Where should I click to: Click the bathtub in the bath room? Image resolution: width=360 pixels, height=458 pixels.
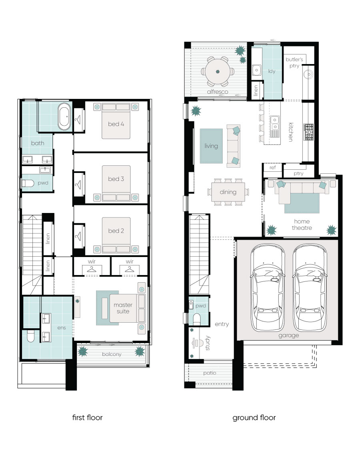click(x=64, y=116)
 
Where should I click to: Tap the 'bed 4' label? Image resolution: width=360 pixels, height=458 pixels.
click(x=116, y=124)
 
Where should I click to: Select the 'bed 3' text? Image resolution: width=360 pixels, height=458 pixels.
click(x=116, y=179)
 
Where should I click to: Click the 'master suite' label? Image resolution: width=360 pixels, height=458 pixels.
click(x=123, y=308)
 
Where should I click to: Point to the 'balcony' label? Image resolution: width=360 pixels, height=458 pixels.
click(x=112, y=354)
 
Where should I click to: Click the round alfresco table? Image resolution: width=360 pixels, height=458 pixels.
click(x=218, y=72)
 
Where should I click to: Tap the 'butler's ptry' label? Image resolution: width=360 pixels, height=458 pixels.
click(x=294, y=62)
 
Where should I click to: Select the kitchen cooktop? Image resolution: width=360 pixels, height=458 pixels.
click(x=308, y=132)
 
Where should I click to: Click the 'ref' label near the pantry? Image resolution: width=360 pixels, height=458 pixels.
click(x=272, y=167)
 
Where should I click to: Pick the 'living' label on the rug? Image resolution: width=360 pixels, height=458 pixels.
click(x=211, y=146)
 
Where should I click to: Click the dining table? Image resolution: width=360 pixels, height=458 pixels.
click(x=228, y=192)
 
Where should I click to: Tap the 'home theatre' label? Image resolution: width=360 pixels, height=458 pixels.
click(x=302, y=225)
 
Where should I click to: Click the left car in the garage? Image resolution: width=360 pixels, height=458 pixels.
click(x=268, y=288)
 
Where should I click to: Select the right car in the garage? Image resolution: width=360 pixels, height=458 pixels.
click(x=310, y=288)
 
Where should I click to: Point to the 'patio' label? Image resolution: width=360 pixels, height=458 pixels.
click(x=210, y=373)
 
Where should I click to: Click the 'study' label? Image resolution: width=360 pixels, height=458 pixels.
click(x=208, y=343)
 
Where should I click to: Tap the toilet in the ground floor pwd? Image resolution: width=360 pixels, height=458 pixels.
click(x=197, y=319)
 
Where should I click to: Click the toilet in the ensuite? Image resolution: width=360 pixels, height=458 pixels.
click(x=31, y=336)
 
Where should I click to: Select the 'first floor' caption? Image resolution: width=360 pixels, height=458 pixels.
click(x=87, y=418)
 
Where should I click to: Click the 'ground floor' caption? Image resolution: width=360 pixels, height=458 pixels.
click(x=254, y=418)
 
